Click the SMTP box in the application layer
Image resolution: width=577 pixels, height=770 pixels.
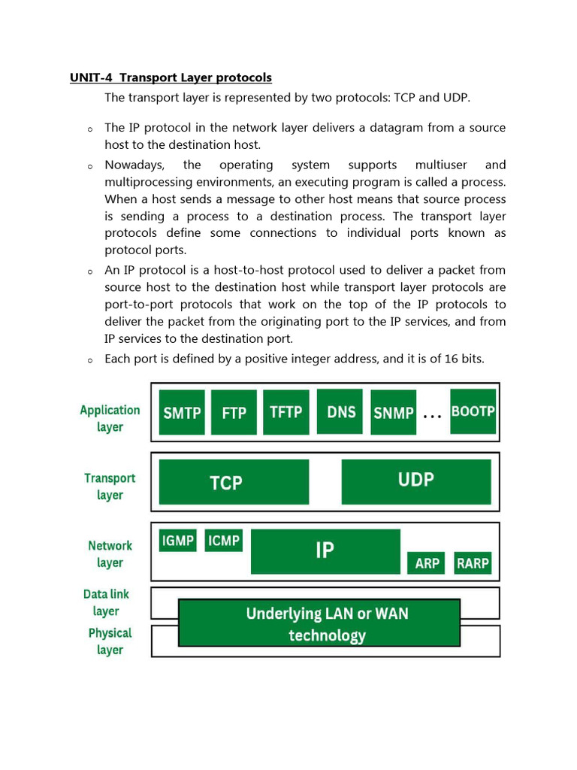(x=182, y=412)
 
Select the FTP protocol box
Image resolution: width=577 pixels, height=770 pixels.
(x=234, y=412)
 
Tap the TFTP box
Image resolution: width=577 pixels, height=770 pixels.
(x=285, y=411)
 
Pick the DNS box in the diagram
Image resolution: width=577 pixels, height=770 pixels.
(x=340, y=411)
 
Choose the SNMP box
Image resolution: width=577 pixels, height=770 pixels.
(x=394, y=412)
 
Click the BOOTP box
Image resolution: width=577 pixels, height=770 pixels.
(x=473, y=411)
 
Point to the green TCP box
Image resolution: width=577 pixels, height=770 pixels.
(x=234, y=482)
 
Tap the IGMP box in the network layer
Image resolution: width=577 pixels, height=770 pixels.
(x=178, y=541)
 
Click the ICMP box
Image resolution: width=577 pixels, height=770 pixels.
(x=223, y=541)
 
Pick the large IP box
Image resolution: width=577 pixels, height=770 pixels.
(x=325, y=551)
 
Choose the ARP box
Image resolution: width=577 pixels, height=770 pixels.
(x=427, y=563)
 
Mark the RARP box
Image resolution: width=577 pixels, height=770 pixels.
(x=473, y=563)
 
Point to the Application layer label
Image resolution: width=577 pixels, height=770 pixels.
(x=110, y=418)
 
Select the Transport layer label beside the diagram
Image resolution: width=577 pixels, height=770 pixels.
(x=110, y=486)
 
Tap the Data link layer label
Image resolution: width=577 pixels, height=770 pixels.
(x=106, y=602)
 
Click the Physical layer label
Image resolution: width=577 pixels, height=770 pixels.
(x=110, y=641)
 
